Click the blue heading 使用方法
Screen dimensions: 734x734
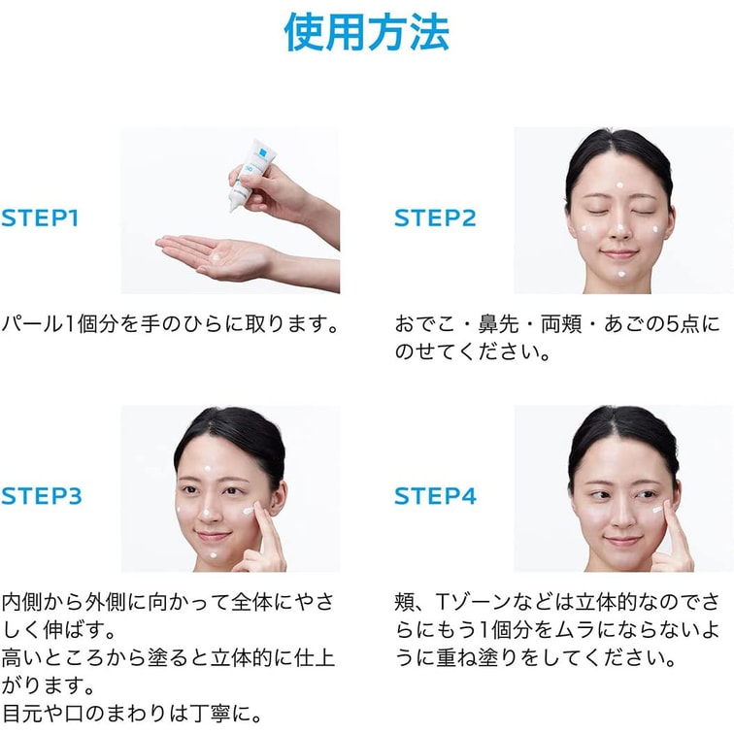(x=367, y=32)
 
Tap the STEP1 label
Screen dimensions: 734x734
(x=40, y=218)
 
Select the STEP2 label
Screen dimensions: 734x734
(x=435, y=218)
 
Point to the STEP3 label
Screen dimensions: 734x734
(x=41, y=496)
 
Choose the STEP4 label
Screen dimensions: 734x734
(x=435, y=496)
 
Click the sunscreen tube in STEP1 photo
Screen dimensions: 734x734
(x=249, y=174)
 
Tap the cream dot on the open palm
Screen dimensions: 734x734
(x=217, y=257)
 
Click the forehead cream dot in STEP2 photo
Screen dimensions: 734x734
(x=619, y=185)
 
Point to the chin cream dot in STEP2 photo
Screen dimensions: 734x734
(x=621, y=275)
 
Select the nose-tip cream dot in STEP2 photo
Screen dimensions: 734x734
(x=620, y=228)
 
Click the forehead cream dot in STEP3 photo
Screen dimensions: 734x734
(x=208, y=468)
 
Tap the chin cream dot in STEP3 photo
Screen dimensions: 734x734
(x=214, y=555)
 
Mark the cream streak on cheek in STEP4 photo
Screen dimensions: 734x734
(x=657, y=510)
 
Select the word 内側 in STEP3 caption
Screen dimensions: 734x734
(x=22, y=602)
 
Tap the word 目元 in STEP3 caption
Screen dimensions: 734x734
(x=22, y=714)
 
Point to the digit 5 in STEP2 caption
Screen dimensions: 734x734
(x=672, y=324)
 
